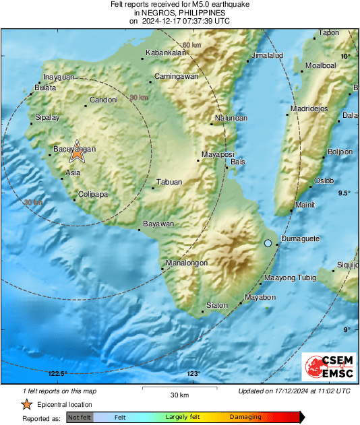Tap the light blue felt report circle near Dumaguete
tap(268, 242)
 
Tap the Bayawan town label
tap(159, 224)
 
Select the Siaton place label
tap(217, 305)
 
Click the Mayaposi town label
tap(218, 154)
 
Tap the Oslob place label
tap(324, 181)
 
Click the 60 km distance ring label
tap(192, 45)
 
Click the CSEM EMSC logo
tap(330, 368)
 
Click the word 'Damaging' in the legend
tap(245, 417)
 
